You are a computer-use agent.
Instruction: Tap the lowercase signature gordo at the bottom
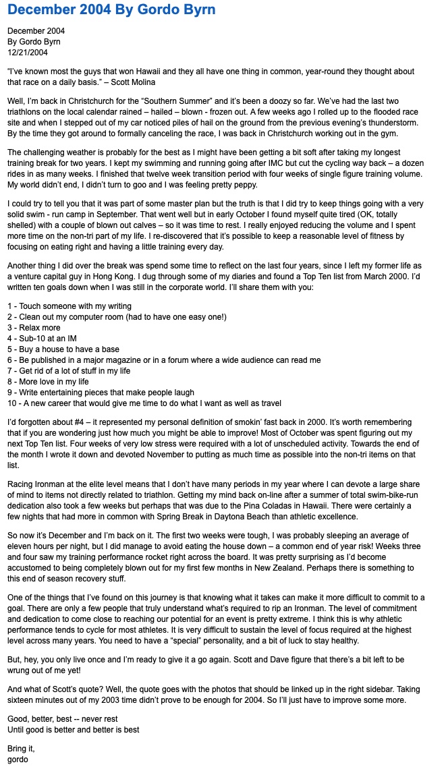pyautogui.click(x=18, y=760)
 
